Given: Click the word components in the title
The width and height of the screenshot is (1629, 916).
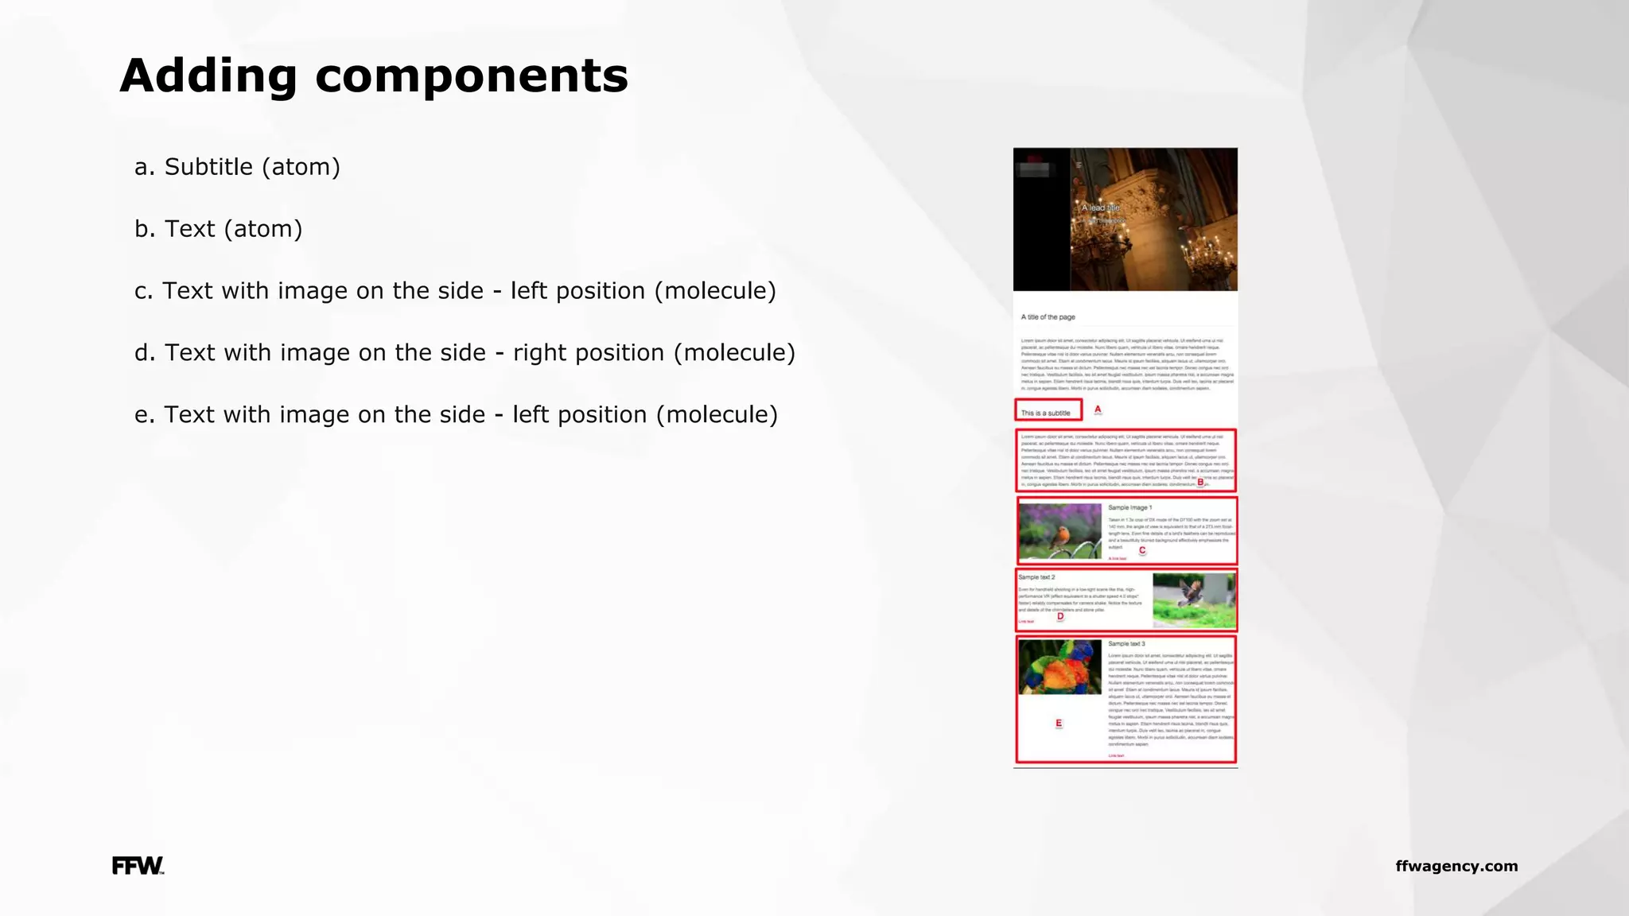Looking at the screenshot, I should [x=471, y=76].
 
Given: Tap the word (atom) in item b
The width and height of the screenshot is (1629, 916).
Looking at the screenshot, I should [x=262, y=229].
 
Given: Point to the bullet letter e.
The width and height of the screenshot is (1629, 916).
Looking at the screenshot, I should [x=142, y=415].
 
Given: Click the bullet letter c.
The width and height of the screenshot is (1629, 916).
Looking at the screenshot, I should [x=142, y=291].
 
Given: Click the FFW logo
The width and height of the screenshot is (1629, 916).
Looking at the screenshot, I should [x=138, y=866].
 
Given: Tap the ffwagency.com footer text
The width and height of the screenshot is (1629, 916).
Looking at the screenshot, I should [x=1456, y=866].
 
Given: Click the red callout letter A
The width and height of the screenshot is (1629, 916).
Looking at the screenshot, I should [x=1098, y=409].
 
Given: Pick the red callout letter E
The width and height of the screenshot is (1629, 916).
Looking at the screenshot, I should [x=1059, y=723].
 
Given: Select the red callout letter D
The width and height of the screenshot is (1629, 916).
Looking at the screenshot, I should [x=1060, y=616].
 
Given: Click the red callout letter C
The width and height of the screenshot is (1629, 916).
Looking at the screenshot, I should [x=1142, y=550].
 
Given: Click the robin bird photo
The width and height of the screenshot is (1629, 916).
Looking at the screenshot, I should [x=1059, y=530].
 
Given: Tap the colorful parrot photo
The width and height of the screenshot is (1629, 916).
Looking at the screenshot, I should [x=1059, y=667].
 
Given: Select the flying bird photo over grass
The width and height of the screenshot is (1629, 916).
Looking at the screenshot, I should [x=1194, y=600].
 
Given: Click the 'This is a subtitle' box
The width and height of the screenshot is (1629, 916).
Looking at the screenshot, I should [x=1048, y=411].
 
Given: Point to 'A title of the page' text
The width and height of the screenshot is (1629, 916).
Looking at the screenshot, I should [x=1048, y=317].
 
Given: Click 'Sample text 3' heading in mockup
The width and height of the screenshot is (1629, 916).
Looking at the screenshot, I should [x=1126, y=644].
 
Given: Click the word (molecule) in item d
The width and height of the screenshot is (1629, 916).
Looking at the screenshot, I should [x=734, y=353].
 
